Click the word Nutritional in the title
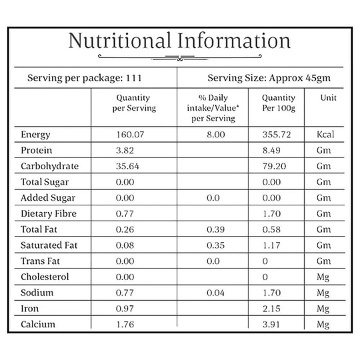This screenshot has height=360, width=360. point(120,41)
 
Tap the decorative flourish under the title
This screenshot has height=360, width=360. point(180,57)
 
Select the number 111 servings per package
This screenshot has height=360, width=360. point(133,78)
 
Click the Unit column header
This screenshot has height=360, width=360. point(328,98)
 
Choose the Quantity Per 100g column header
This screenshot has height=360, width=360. point(279,103)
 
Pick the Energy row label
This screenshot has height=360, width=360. point(35,135)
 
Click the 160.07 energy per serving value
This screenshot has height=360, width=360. point(131,135)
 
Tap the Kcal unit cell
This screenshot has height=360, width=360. point(325,135)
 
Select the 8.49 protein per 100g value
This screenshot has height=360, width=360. point(271,151)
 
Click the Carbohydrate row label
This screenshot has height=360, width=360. point(49,166)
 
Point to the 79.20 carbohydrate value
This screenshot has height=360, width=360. point(275,166)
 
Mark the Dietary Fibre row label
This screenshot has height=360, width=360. point(49,214)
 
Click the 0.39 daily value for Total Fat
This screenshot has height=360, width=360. point(215,229)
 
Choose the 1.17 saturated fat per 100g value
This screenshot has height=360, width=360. point(271,245)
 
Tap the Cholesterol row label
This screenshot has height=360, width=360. point(45,277)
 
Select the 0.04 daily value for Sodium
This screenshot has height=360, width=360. point(215,293)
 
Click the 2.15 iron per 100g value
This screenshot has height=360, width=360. point(271,309)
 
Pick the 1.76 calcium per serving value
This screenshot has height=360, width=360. point(125,325)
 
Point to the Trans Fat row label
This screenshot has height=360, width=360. point(40,261)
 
